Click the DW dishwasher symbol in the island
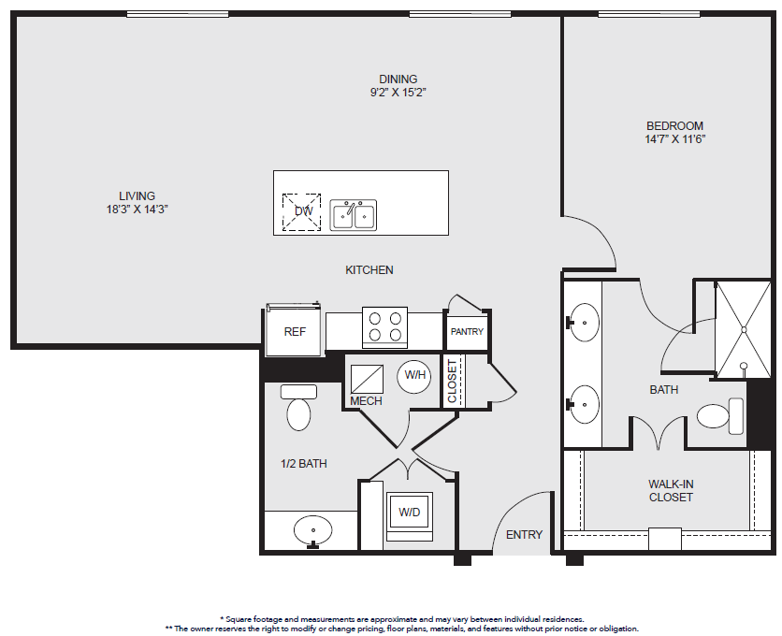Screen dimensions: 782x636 click(x=301, y=212)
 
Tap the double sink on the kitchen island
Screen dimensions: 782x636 click(x=353, y=215)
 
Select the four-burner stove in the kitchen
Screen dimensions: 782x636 click(x=384, y=327)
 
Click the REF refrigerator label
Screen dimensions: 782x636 click(x=295, y=332)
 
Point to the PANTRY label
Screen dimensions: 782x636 click(x=467, y=331)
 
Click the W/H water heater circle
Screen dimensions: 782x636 click(x=414, y=376)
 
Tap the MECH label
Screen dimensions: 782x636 click(x=366, y=401)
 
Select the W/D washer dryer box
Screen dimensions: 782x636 click(x=410, y=512)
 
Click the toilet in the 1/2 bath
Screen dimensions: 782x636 click(x=298, y=407)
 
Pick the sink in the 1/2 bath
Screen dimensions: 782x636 click(x=312, y=531)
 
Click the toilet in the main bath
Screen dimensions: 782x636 click(x=720, y=416)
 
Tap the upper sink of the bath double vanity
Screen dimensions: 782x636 click(x=583, y=323)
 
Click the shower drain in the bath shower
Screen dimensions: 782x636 click(x=743, y=330)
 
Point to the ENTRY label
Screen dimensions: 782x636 click(x=524, y=535)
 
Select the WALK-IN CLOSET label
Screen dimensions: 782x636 click(x=671, y=490)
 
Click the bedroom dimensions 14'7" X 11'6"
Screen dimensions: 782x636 click(x=674, y=139)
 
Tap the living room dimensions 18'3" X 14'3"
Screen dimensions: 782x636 click(x=138, y=209)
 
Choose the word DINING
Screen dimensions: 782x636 click(x=398, y=79)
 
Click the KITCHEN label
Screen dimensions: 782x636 click(x=369, y=270)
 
